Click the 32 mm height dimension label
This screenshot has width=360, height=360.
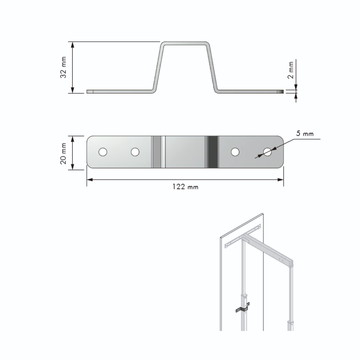[63, 68]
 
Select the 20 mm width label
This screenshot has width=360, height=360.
[63, 154]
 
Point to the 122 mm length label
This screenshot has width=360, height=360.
[185, 187]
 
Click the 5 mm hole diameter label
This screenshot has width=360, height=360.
[305, 134]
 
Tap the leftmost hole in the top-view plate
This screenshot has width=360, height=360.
[103, 152]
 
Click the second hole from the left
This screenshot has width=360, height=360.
[135, 152]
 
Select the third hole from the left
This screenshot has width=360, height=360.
[235, 152]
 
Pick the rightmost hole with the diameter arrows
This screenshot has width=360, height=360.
[267, 152]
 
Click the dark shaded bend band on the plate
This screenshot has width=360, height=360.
[212, 152]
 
